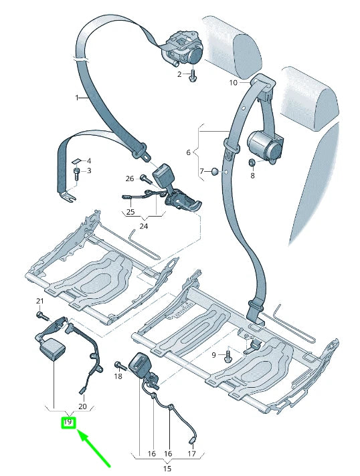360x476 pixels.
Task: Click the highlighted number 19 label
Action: click(x=68, y=422)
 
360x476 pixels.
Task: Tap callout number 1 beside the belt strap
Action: click(x=77, y=98)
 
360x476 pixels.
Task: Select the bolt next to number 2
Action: click(x=193, y=75)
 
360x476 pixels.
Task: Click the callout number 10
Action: click(x=233, y=83)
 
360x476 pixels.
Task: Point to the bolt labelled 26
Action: click(x=144, y=178)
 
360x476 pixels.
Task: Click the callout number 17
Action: click(x=191, y=454)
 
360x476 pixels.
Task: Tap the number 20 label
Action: click(x=82, y=406)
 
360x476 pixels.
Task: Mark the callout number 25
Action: click(x=130, y=212)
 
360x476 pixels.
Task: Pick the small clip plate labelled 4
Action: click(x=75, y=160)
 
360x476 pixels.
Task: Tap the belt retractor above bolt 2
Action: click(x=183, y=47)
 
